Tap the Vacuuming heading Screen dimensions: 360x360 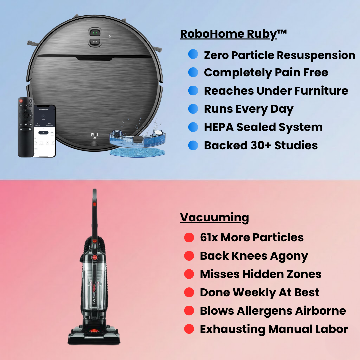[214, 217]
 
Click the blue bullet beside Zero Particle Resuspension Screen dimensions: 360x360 [193, 54]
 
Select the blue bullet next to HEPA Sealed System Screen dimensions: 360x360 [193, 127]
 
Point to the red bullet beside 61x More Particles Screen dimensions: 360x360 [189, 237]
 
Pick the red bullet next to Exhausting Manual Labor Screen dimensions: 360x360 [189, 329]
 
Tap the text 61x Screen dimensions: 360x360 [209, 237]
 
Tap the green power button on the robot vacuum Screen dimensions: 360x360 [95, 33]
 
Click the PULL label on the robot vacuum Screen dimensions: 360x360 [95, 135]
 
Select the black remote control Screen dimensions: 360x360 [26, 127]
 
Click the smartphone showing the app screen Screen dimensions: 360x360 [45, 131]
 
